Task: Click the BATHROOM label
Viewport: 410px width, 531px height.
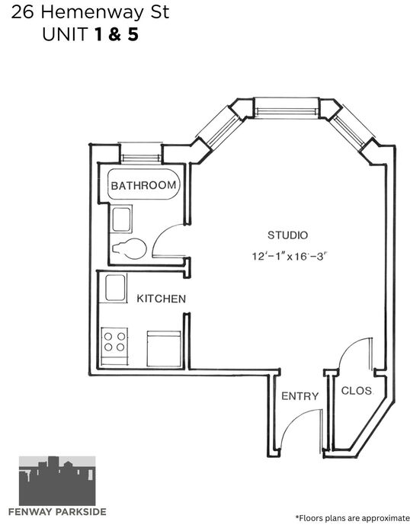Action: (x=144, y=185)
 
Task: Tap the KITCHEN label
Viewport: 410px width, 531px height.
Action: (x=162, y=299)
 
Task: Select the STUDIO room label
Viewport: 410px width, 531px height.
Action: (x=287, y=235)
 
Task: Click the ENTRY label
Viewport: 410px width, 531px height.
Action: (x=299, y=396)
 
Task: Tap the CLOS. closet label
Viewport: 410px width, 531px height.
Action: (x=357, y=391)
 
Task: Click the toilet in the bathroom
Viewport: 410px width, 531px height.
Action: (x=130, y=248)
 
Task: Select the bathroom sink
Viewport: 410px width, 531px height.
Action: (x=122, y=219)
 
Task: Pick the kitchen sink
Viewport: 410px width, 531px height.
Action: (x=115, y=288)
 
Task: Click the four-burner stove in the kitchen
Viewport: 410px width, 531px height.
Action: (x=114, y=346)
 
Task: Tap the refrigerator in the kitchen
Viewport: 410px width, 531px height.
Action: (x=164, y=348)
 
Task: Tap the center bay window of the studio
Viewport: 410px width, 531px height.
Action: (x=287, y=108)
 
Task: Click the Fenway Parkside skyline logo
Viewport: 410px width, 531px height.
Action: (x=57, y=481)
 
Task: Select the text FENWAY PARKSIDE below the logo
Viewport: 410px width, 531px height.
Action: (x=57, y=512)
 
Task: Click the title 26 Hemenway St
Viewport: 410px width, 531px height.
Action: (x=90, y=13)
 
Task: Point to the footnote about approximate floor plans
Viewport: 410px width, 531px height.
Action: (x=353, y=518)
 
